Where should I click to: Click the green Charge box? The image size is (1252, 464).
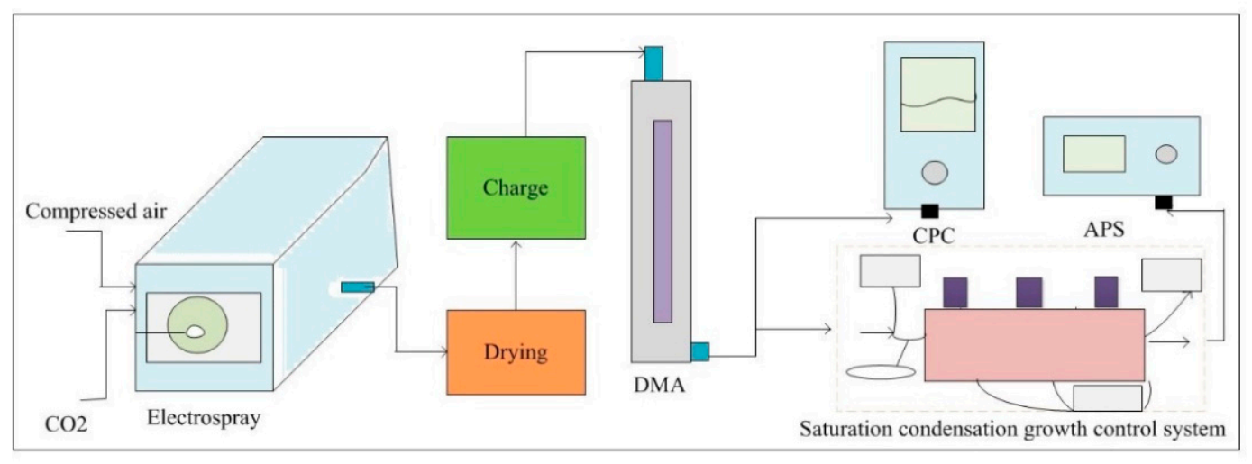(x=516, y=187)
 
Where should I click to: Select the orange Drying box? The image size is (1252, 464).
(x=516, y=351)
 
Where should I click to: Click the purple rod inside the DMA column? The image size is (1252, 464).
(x=663, y=221)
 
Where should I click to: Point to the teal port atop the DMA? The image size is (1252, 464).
(x=653, y=62)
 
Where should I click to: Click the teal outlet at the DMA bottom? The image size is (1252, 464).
(x=699, y=351)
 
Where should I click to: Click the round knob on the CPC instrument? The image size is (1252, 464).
(x=937, y=172)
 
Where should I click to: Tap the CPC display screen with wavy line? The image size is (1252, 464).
(x=938, y=94)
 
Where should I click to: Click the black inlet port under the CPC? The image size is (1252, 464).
(x=929, y=211)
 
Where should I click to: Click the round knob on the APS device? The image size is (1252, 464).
(x=1166, y=153)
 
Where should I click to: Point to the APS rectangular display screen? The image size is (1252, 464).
(x=1093, y=153)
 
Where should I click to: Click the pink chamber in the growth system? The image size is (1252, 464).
(x=1034, y=344)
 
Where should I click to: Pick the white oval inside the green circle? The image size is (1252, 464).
(x=195, y=332)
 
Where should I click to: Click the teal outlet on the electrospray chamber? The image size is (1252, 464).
(x=357, y=287)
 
